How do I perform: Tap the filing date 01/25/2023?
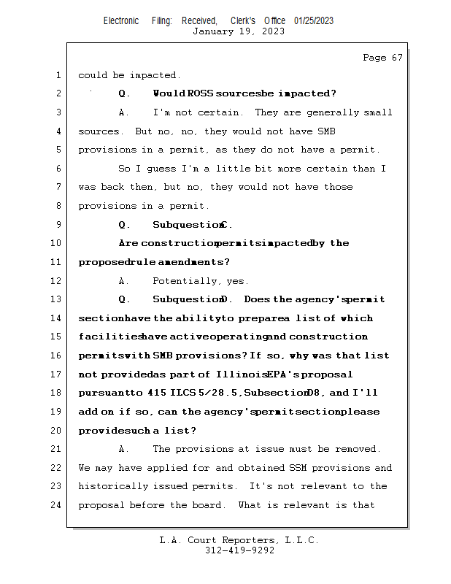pyautogui.click(x=314, y=20)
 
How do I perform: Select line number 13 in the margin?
pyautogui.click(x=58, y=299)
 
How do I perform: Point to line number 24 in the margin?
pyautogui.click(x=58, y=504)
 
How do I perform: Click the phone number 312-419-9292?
pyautogui.click(x=239, y=550)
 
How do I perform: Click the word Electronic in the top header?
pyautogui.click(x=121, y=20)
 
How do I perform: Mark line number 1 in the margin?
pyautogui.click(x=58, y=75)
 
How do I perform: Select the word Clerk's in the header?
pyautogui.click(x=243, y=20)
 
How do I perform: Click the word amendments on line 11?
pyautogui.click(x=184, y=262)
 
